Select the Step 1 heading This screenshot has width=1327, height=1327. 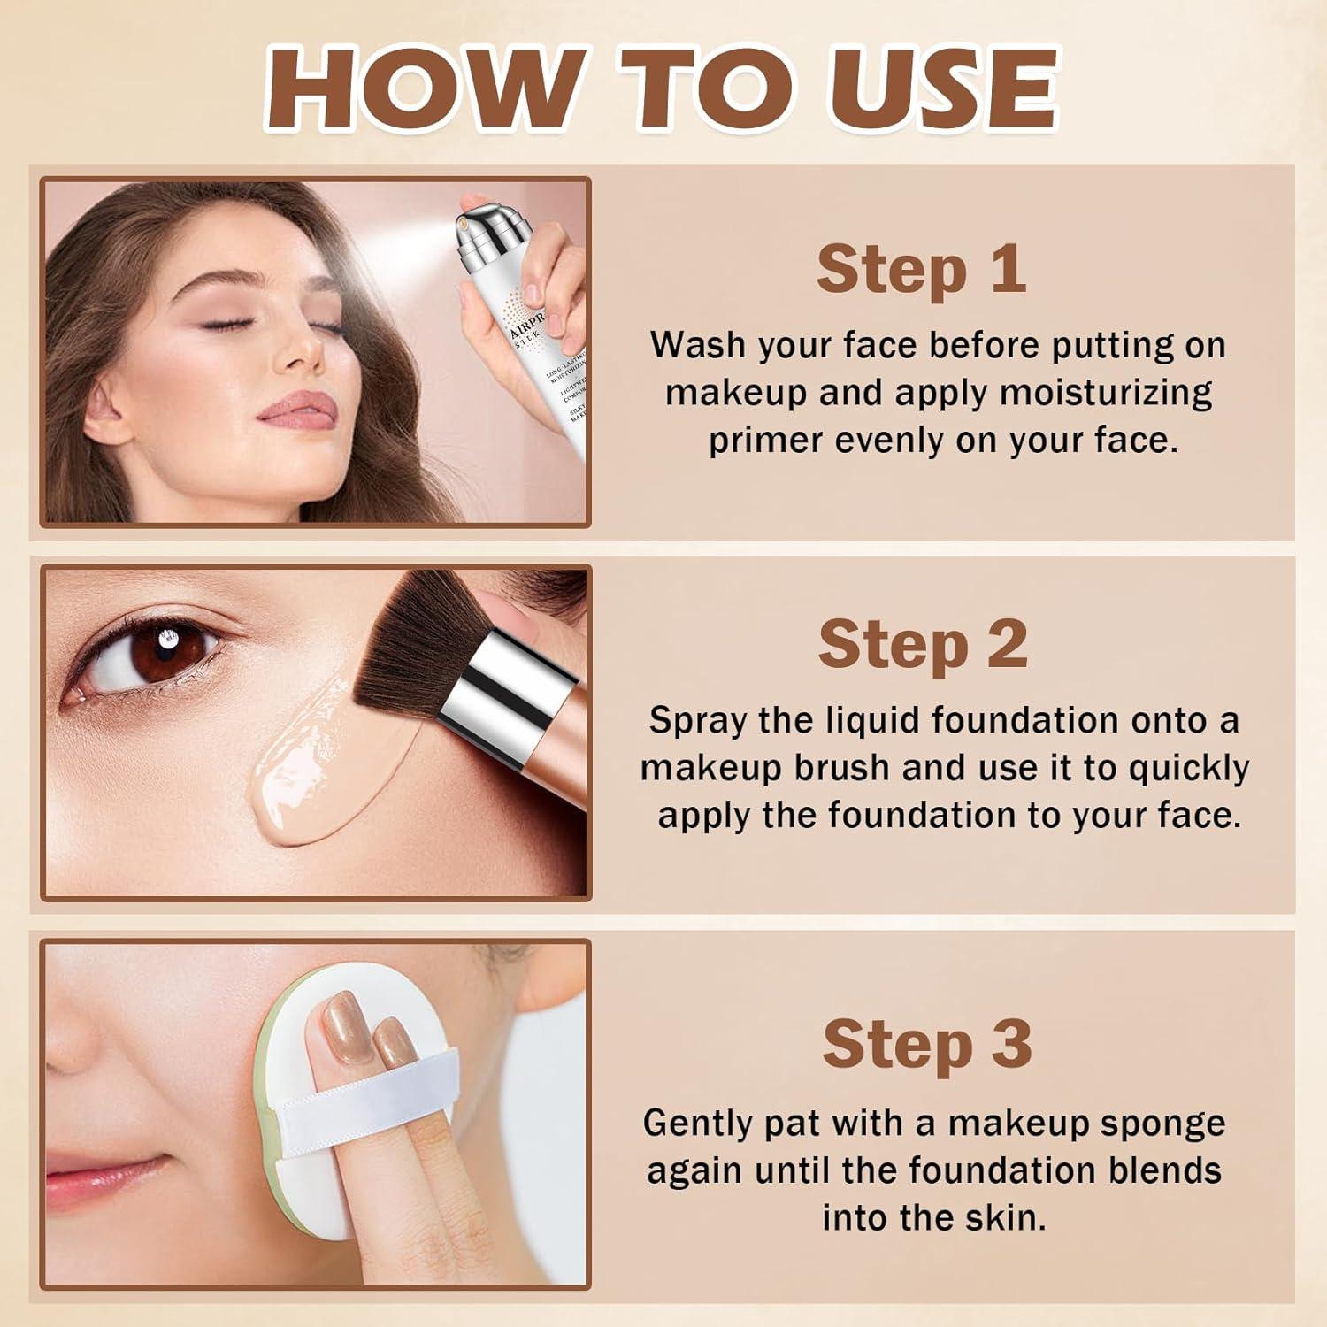click(921, 270)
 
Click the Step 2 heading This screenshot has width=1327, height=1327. click(923, 645)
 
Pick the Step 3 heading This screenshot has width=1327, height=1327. click(926, 1046)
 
